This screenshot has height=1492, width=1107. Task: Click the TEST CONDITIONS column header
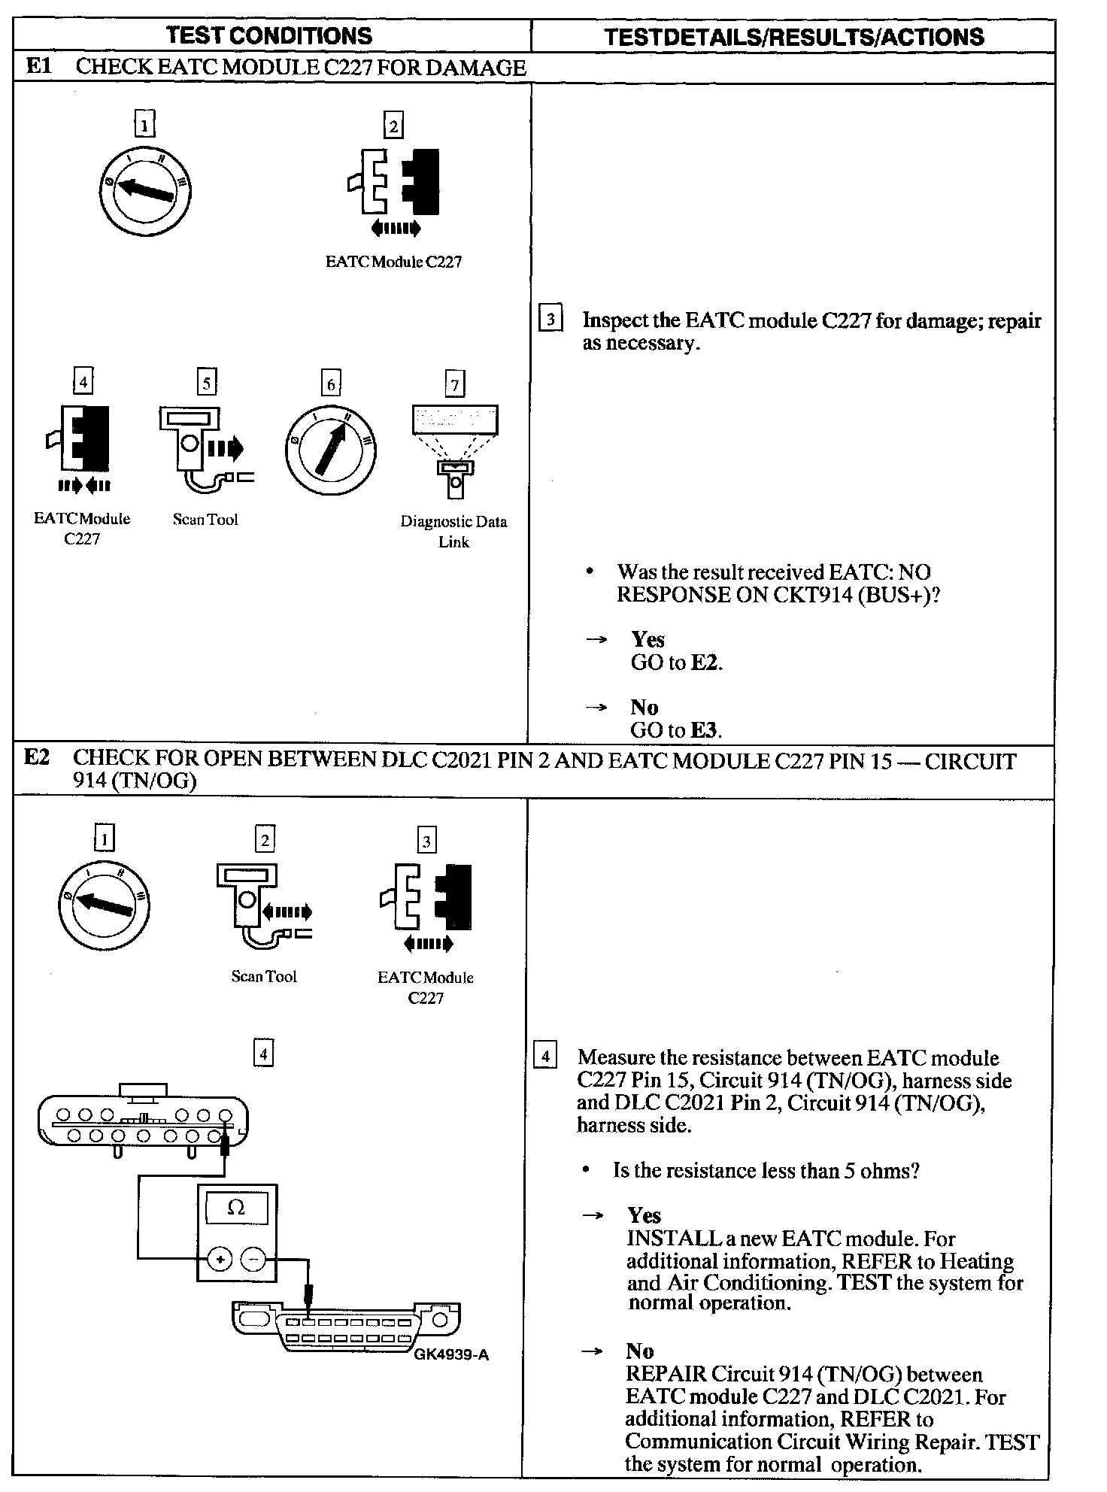(268, 35)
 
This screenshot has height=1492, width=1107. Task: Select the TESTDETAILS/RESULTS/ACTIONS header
(793, 37)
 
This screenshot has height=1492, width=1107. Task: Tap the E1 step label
(38, 66)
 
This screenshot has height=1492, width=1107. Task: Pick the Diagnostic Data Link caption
(453, 532)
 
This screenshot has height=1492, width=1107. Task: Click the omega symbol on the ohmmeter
(236, 1208)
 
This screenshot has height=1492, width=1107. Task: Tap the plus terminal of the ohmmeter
(220, 1259)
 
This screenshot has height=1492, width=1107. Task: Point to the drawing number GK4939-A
(450, 1355)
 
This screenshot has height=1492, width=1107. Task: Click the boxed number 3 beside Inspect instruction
(550, 320)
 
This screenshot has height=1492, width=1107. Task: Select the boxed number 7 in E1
(454, 385)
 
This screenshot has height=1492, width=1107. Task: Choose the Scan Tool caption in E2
(264, 977)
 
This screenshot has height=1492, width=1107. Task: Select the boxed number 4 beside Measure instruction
(544, 1057)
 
